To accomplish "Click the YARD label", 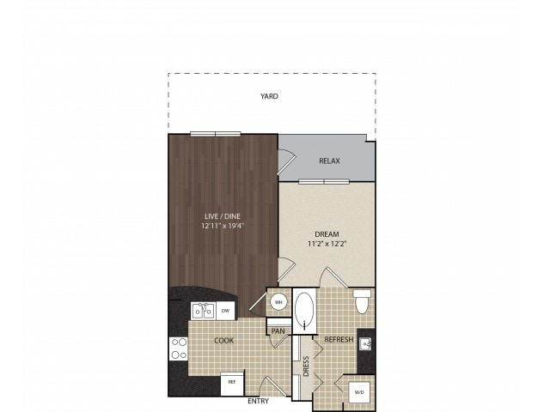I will point(270,97).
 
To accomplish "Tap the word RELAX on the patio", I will point(329,161).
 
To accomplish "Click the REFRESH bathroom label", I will point(339,340).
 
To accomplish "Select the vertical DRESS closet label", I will point(306,367).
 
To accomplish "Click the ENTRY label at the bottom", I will point(258,401).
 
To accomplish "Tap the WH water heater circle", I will point(278,302).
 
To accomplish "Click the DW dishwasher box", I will point(225,310).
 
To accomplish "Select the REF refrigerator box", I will point(230,384).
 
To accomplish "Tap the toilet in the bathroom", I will point(362,301).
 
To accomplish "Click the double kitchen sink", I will point(202,310).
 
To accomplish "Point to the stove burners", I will point(179,348).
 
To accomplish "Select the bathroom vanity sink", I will point(366,345).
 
